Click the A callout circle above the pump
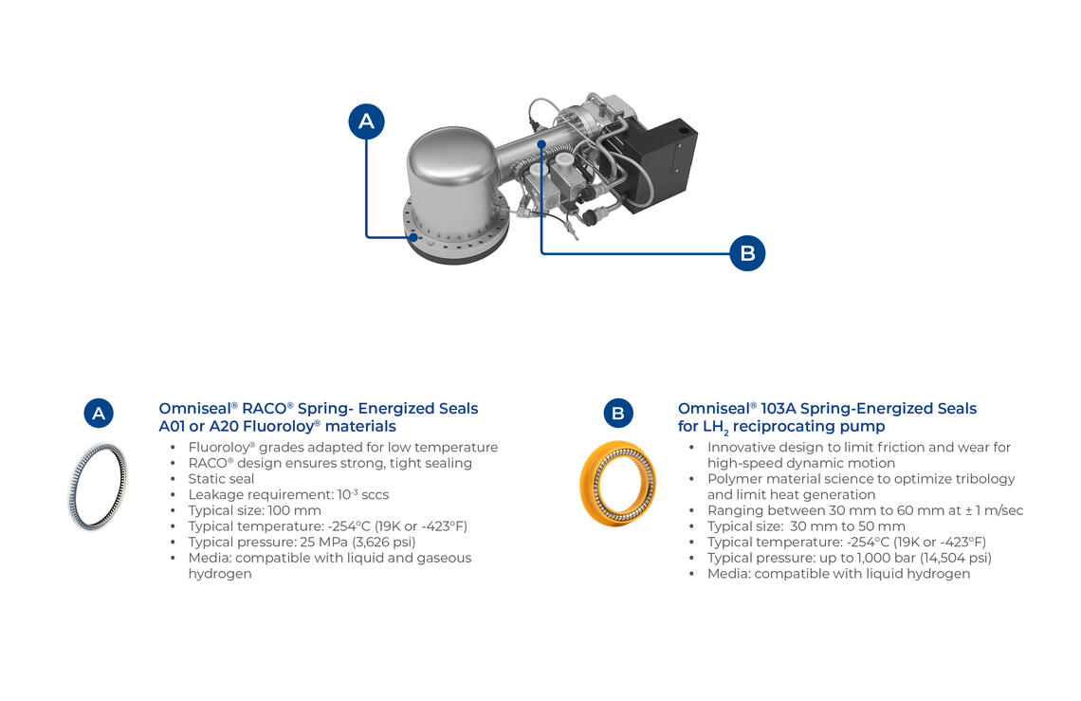366,121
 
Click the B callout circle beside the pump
747,253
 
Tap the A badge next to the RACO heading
99,414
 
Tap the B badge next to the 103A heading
617,414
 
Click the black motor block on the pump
662,162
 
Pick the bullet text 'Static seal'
221,479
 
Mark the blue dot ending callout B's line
542,144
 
